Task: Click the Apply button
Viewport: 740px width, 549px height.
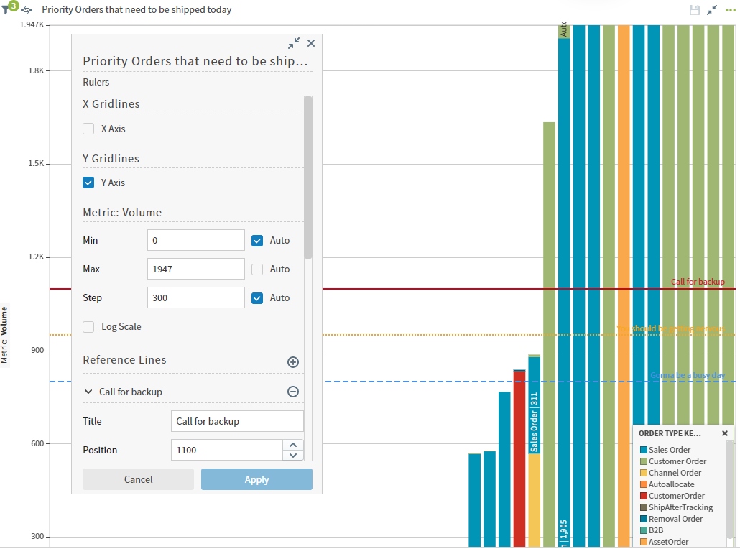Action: [256, 479]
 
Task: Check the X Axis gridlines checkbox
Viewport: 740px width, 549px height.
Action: [88, 129]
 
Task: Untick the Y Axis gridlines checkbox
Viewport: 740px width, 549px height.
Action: [88, 183]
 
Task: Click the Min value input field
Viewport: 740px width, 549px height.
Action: [195, 240]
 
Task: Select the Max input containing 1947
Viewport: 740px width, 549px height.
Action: [195, 269]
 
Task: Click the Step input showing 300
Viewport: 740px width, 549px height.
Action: [195, 297]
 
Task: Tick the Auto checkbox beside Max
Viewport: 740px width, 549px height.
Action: [257, 269]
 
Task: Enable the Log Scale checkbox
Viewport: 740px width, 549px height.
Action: [88, 326]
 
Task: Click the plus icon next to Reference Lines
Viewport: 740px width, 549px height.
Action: [293, 362]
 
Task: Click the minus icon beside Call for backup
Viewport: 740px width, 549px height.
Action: [293, 392]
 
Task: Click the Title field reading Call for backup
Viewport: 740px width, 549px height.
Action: [237, 421]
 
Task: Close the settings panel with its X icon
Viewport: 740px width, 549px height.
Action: [311, 43]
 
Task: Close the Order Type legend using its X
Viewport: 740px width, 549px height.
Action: [725, 433]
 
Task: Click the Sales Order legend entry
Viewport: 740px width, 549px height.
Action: [670, 450]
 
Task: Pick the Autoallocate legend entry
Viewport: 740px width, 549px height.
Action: [671, 484]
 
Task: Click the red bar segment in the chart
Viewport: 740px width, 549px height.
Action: [519, 460]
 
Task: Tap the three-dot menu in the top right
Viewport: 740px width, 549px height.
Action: [731, 10]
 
